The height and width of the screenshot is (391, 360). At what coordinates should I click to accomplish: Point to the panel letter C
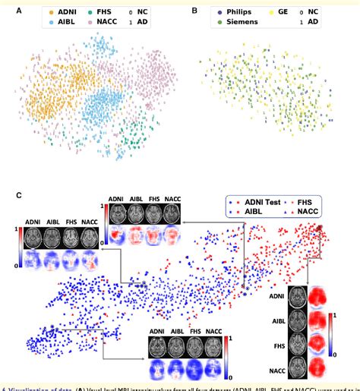point(18,195)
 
